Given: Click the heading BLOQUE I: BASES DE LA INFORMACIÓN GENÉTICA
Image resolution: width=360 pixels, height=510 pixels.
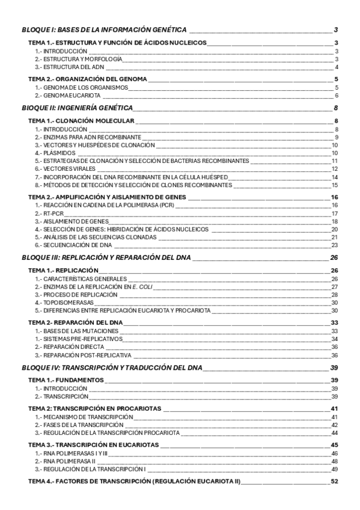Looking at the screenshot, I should (103, 29).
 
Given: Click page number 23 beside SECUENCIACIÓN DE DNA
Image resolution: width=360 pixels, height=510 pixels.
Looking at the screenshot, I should (335, 245).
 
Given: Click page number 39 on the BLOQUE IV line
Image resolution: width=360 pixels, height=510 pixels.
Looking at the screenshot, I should (335, 367).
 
